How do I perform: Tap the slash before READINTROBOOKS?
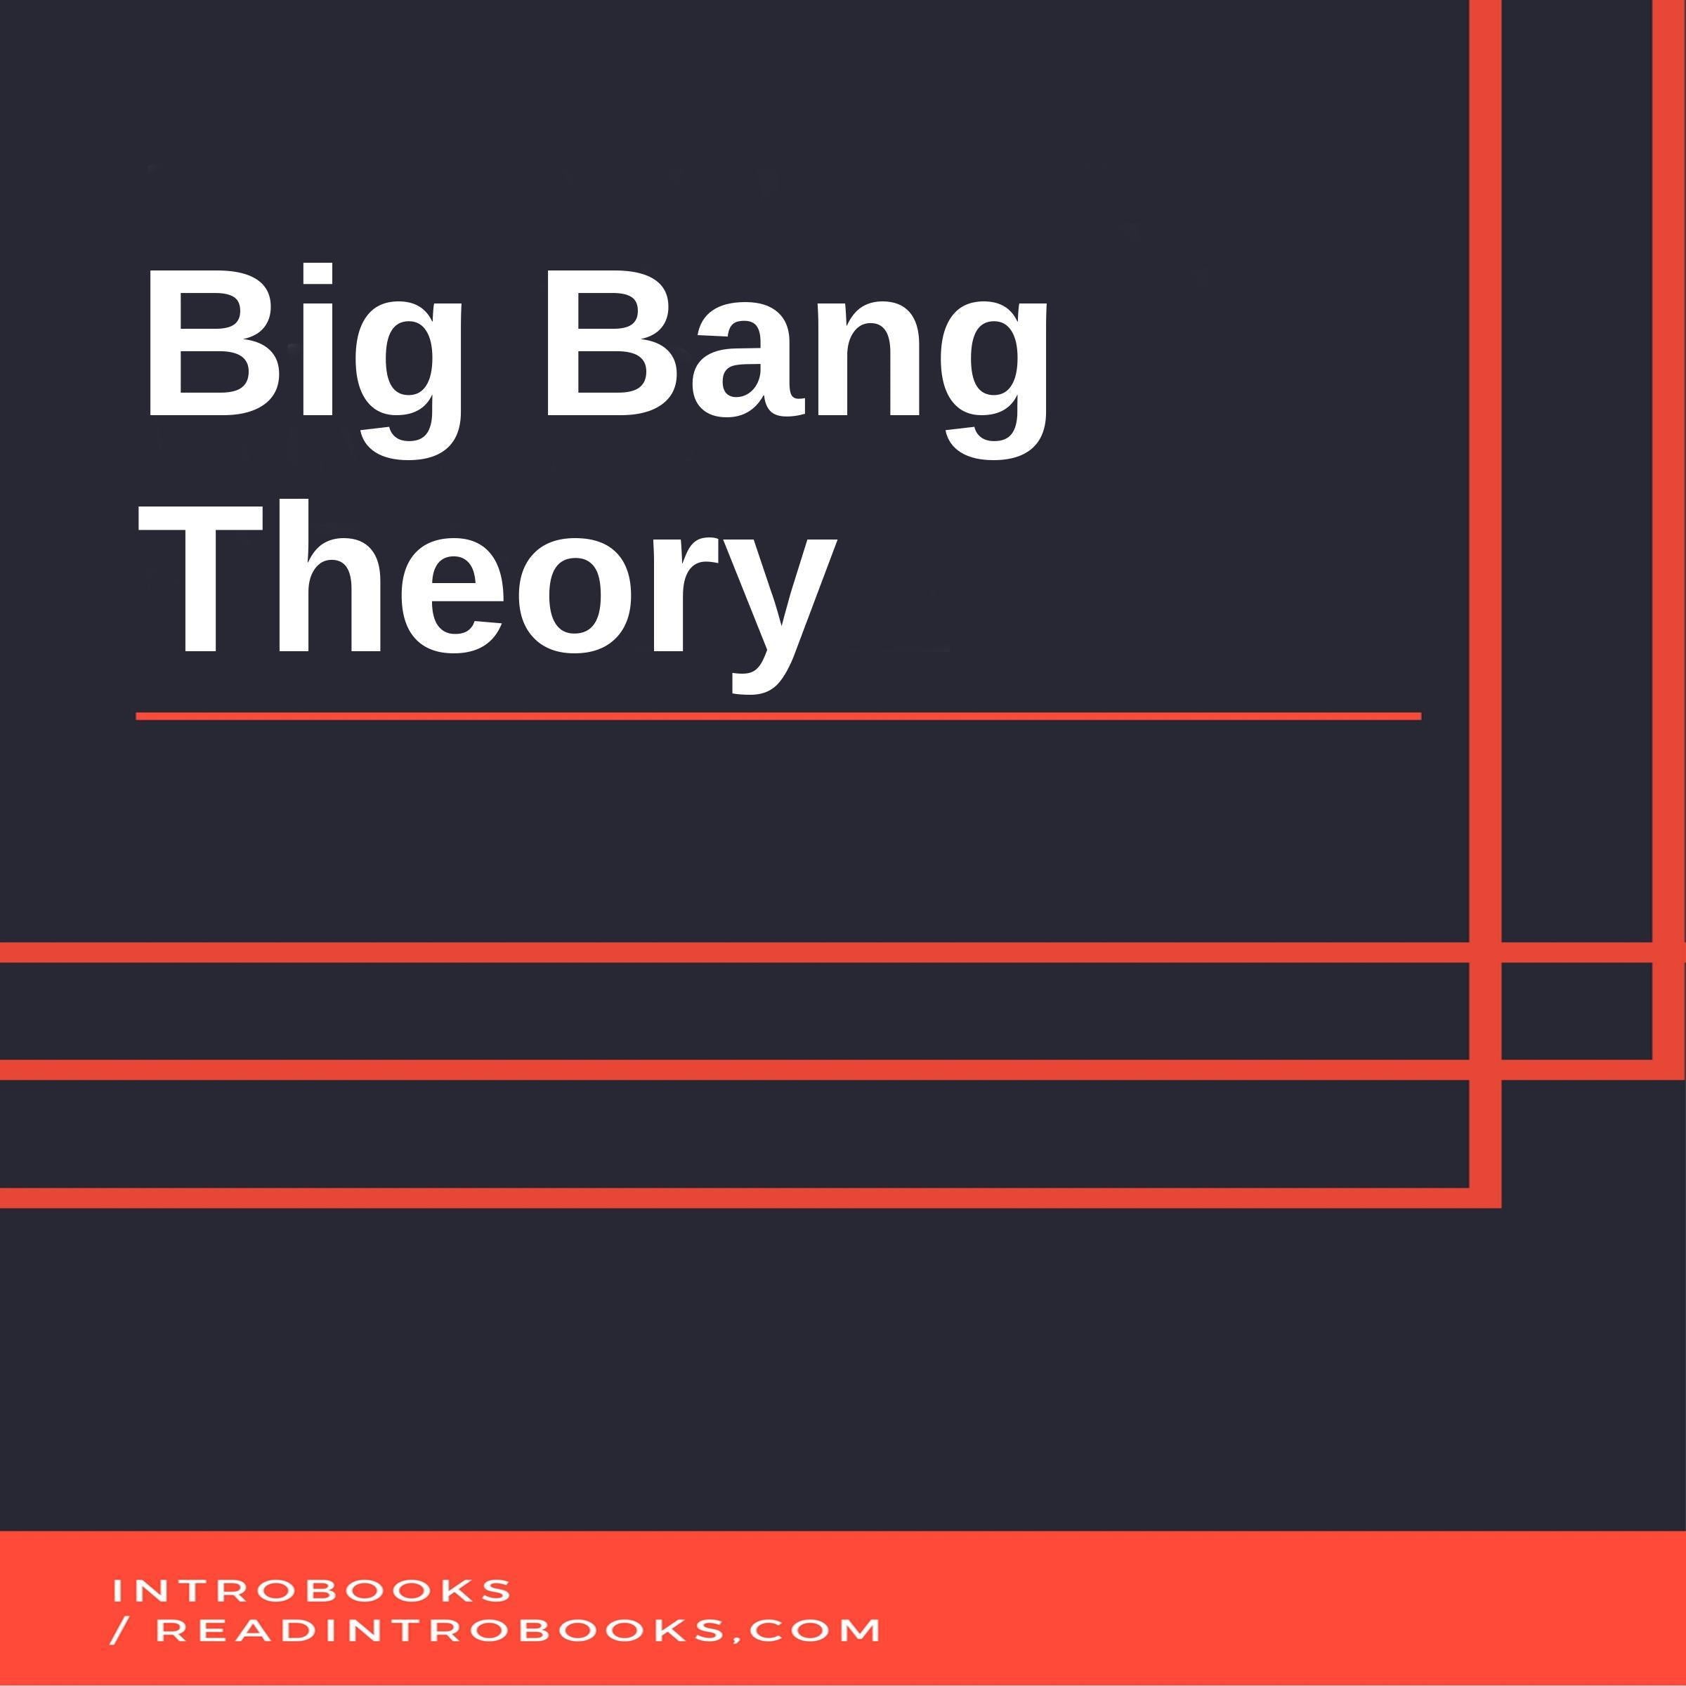tap(119, 1630)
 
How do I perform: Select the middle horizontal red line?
tap(733, 1070)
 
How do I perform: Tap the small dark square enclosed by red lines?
tap(1576, 1011)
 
